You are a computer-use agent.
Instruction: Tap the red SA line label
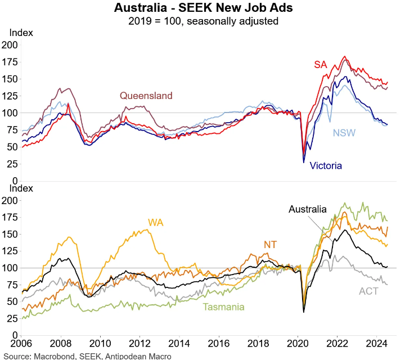click(x=320, y=65)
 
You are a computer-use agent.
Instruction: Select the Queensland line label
click(x=146, y=96)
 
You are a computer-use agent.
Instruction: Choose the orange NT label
click(x=271, y=244)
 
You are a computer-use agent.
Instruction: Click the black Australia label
click(x=307, y=209)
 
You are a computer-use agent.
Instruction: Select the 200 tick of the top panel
click(x=10, y=44)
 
